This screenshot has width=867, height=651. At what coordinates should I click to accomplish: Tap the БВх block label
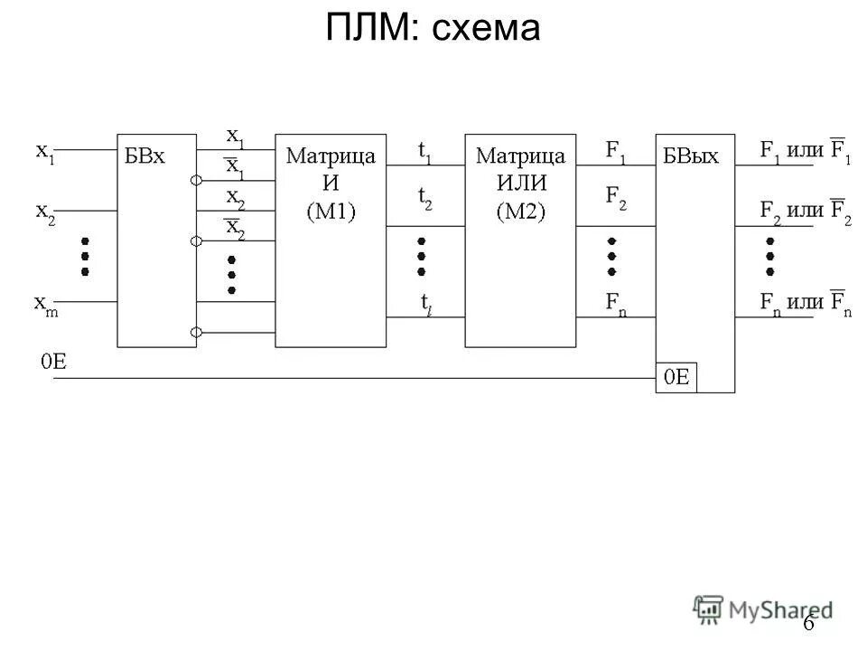pyautogui.click(x=145, y=156)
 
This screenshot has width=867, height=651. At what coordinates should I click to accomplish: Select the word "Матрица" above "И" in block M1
pyautogui.click(x=331, y=156)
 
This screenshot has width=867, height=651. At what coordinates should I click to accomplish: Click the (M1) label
pyautogui.click(x=331, y=212)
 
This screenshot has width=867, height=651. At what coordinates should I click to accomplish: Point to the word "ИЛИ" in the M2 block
pyautogui.click(x=520, y=184)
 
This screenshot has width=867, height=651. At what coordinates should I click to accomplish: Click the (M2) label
pyautogui.click(x=520, y=212)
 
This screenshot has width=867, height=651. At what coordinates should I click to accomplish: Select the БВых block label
pyautogui.click(x=692, y=156)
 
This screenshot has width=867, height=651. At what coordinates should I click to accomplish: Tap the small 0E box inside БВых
pyautogui.click(x=676, y=379)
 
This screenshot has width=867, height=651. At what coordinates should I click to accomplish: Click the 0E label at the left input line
pyautogui.click(x=52, y=363)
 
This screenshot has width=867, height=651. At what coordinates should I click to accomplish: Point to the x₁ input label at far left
pyautogui.click(x=44, y=152)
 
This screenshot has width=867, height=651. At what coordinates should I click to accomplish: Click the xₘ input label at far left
pyautogui.click(x=44, y=304)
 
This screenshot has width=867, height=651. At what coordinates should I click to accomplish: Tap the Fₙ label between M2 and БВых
pyautogui.click(x=617, y=304)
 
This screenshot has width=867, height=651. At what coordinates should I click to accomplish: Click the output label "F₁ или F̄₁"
pyautogui.click(x=806, y=150)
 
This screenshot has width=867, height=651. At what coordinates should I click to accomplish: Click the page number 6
pyautogui.click(x=808, y=623)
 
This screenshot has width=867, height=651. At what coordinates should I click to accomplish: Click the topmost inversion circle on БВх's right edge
pyautogui.click(x=196, y=181)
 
